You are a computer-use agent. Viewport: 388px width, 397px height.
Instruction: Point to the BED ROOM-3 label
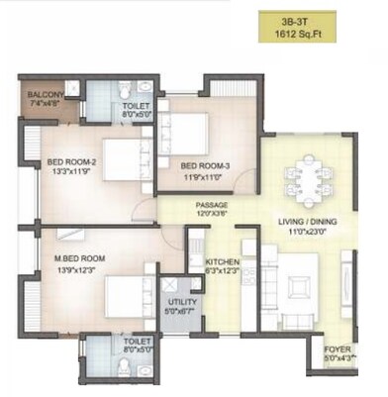coord(205,165)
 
